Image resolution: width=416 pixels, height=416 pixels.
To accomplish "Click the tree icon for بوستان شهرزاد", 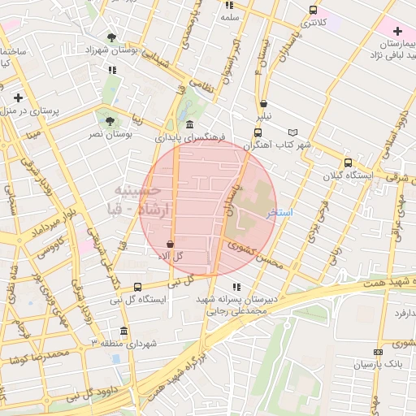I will [111, 37].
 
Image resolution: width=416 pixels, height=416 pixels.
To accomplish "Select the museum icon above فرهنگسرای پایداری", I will [189, 124].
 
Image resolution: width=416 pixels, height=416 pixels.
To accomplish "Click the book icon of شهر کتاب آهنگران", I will [293, 132].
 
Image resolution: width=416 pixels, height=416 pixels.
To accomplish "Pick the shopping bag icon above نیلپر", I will [264, 103].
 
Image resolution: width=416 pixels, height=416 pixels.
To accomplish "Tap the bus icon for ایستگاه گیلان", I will [348, 162].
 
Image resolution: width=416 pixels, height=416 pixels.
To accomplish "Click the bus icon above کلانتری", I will [313, 11].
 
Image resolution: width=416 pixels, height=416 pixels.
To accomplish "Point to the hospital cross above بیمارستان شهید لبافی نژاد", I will [397, 30].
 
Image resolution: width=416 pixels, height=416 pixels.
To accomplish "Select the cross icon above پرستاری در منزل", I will [18, 97].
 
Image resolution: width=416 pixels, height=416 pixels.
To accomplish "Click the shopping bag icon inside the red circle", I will [170, 244].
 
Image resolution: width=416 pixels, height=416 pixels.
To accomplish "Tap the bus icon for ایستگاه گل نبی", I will [137, 287].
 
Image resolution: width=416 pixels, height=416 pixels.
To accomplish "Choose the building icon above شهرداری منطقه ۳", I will [123, 331].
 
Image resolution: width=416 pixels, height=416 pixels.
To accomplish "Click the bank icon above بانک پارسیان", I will [378, 351].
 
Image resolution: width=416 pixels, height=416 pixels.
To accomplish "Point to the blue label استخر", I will [279, 212].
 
